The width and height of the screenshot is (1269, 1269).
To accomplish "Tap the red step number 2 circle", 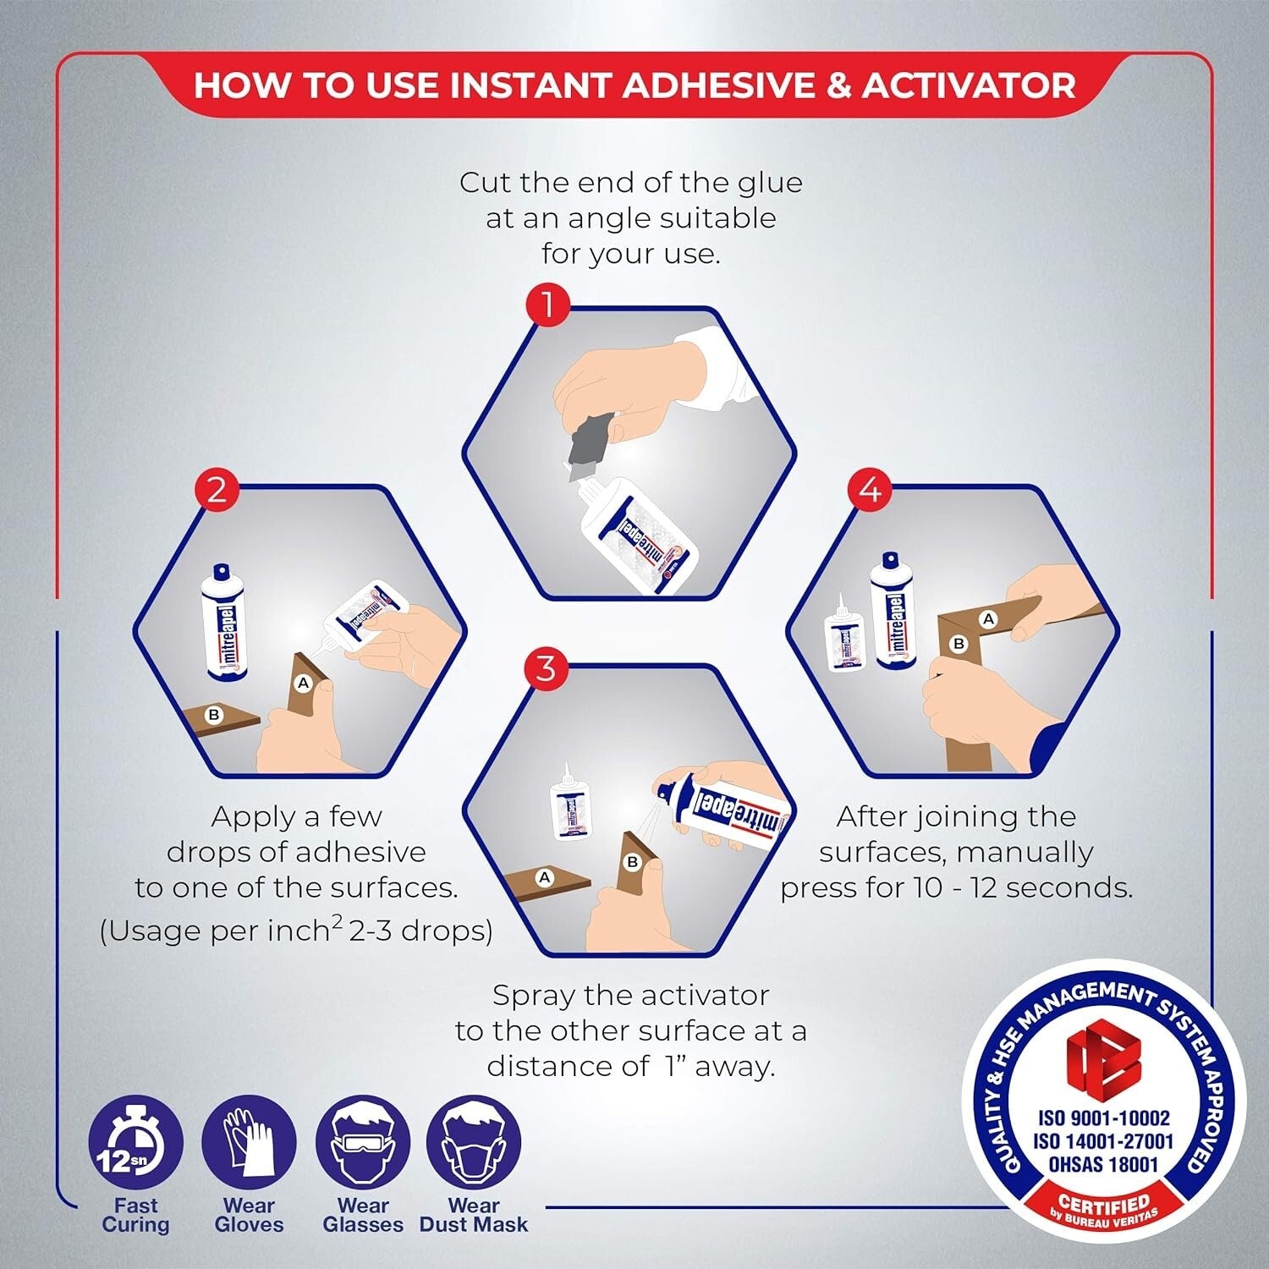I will [x=217, y=490].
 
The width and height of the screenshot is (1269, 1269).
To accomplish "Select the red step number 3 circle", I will [x=546, y=668].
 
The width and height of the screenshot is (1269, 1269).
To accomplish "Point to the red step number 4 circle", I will [x=870, y=490].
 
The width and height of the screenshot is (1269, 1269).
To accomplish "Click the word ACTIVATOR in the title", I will [x=969, y=85].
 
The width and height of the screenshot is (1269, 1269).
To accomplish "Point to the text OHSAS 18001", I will [x=1103, y=1164].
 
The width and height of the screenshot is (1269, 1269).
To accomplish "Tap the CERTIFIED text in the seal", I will [x=1103, y=1203].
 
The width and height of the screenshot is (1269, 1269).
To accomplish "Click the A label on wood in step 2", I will [x=304, y=683].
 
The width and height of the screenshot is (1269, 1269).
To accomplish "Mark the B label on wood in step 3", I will [x=632, y=862].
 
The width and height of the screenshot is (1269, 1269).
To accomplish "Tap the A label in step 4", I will [x=987, y=619].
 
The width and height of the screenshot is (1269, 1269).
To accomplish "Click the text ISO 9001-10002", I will [x=1103, y=1118].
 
